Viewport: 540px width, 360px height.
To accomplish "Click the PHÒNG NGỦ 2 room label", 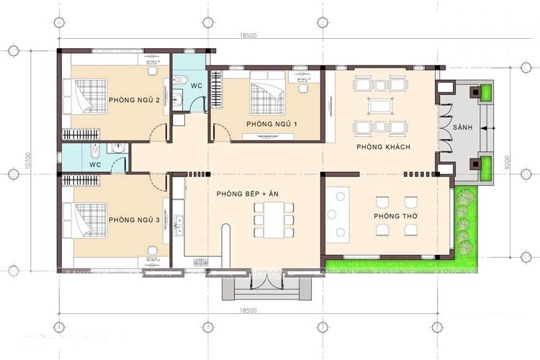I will [134, 99].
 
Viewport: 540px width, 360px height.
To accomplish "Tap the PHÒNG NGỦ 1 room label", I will [271, 125].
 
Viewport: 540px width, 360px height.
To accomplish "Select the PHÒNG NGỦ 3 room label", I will [134, 219].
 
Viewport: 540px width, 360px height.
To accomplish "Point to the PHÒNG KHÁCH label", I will [383, 147].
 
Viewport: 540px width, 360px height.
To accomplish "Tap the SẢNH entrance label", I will [463, 127].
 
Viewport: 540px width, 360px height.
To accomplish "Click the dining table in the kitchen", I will [274, 220].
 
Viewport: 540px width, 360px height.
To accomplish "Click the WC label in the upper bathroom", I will [195, 86].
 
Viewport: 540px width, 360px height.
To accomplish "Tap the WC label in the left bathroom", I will [95, 164].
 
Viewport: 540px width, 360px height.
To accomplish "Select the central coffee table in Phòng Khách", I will [379, 107].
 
